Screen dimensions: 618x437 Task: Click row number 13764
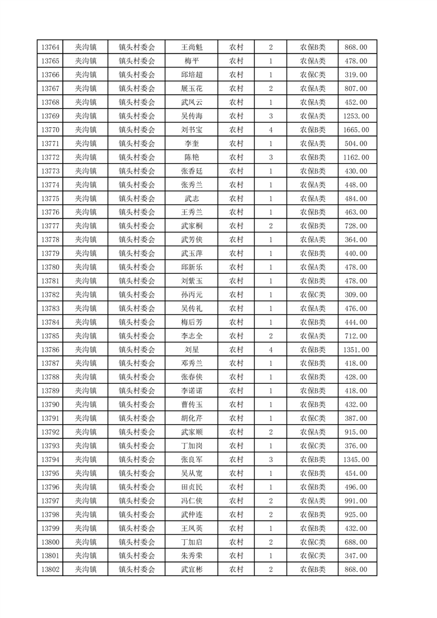(50, 47)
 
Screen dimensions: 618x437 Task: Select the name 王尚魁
(191, 47)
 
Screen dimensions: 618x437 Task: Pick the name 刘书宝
(191, 130)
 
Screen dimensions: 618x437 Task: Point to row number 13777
(50, 226)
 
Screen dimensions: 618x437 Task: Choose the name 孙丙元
(191, 295)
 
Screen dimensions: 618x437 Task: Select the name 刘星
(191, 350)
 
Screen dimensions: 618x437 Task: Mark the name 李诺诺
(191, 391)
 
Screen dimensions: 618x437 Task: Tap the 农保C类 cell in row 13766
(312, 75)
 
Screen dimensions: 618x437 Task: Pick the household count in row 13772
(271, 158)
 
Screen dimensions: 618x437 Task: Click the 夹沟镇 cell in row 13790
(86, 405)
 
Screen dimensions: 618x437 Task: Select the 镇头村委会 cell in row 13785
(137, 336)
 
